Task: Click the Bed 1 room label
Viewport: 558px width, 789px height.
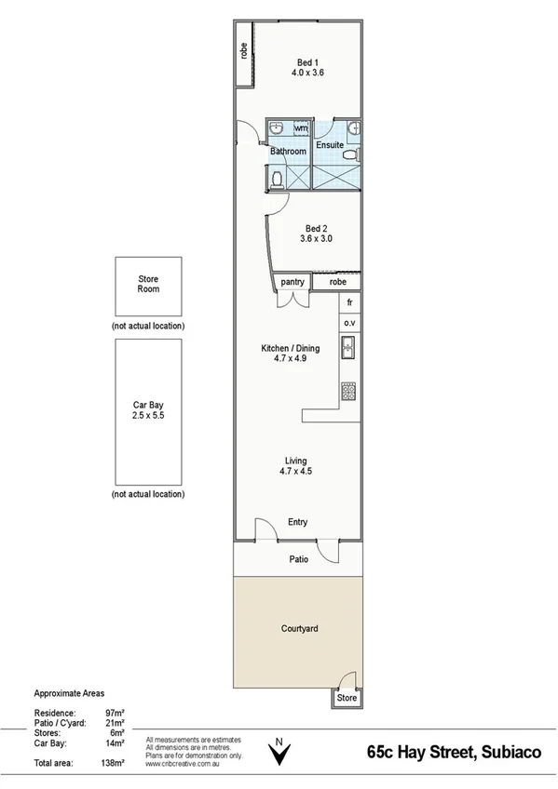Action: (x=306, y=66)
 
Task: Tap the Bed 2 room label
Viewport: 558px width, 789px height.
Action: (x=316, y=233)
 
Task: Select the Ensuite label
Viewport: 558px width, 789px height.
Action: (x=330, y=146)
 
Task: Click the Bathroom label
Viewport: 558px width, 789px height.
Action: (x=288, y=152)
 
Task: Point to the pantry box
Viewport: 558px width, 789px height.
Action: (x=293, y=281)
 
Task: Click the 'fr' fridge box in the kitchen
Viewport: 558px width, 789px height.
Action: (x=349, y=303)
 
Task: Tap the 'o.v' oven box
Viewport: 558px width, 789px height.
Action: (x=349, y=323)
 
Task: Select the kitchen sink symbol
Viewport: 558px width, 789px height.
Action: (x=349, y=349)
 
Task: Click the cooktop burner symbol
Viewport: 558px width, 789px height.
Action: (x=349, y=392)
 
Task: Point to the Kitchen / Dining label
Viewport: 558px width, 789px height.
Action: (x=289, y=354)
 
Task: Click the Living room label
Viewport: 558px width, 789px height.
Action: (x=296, y=466)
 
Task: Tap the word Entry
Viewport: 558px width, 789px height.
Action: (x=298, y=523)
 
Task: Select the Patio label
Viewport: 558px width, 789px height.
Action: (x=298, y=558)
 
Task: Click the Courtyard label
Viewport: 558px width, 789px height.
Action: (x=300, y=629)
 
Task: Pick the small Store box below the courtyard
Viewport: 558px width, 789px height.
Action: (x=347, y=697)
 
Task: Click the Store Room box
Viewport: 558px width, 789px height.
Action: (x=148, y=284)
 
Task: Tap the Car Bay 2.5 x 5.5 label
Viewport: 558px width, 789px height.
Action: (x=148, y=410)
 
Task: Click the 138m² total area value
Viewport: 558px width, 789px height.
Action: (x=113, y=763)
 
